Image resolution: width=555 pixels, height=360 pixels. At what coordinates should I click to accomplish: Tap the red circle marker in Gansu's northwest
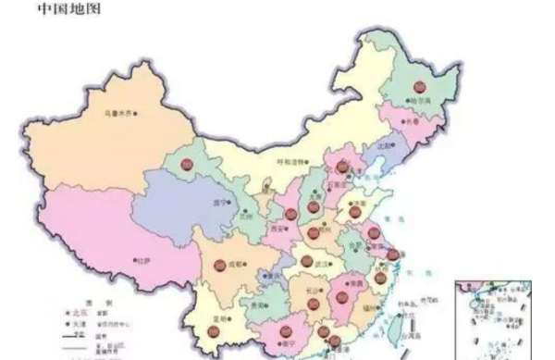pyautogui.click(x=187, y=166)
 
